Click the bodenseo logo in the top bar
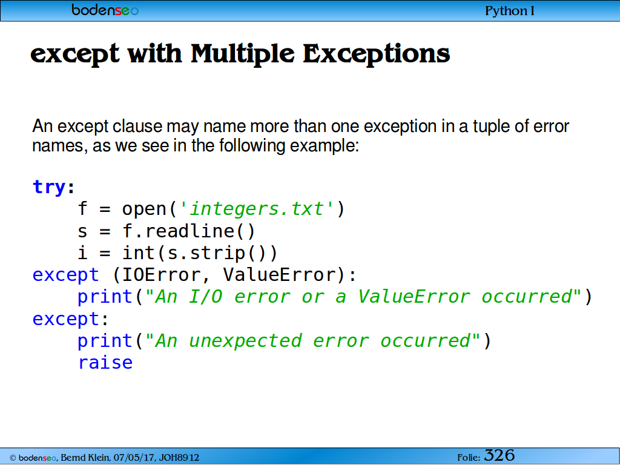coord(105,10)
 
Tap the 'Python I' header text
coord(509,11)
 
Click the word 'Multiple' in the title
coord(242,53)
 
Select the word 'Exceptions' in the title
coord(376,53)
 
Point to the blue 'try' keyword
coord(49,186)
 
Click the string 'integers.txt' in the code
coord(256,209)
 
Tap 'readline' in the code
coord(190,231)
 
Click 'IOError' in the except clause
coord(161,275)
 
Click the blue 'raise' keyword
coord(105,363)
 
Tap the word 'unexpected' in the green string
coord(245,341)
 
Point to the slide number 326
coord(500,455)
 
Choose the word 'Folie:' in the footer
coord(469,458)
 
